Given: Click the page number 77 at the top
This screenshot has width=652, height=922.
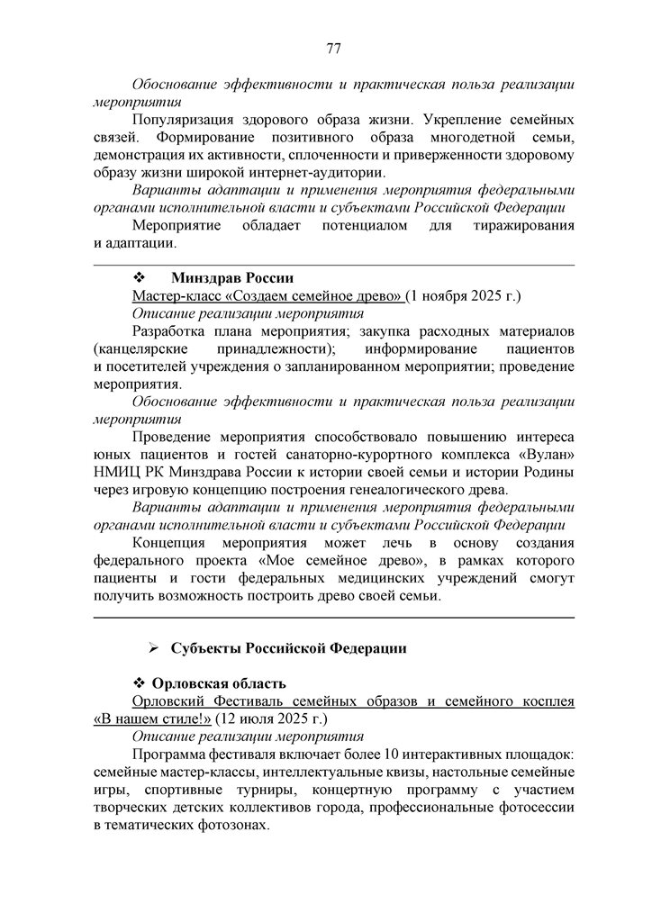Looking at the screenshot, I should point(333,49).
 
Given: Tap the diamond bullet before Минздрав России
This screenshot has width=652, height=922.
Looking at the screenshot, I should point(139,277).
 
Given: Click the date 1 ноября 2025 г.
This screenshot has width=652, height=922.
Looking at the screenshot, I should point(466,295).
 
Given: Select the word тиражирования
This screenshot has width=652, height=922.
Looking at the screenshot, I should point(522,225).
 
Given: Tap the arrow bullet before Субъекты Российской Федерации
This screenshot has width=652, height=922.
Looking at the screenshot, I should point(154,648).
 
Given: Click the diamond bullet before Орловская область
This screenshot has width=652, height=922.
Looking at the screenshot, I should point(139,683).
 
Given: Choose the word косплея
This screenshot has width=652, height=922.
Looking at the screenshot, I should point(545,701).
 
